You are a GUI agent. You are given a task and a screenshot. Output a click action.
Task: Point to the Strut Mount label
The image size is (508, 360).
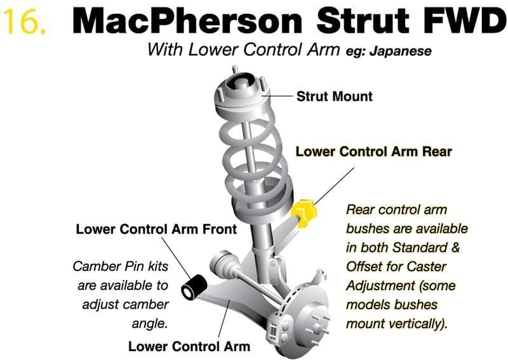334,97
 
